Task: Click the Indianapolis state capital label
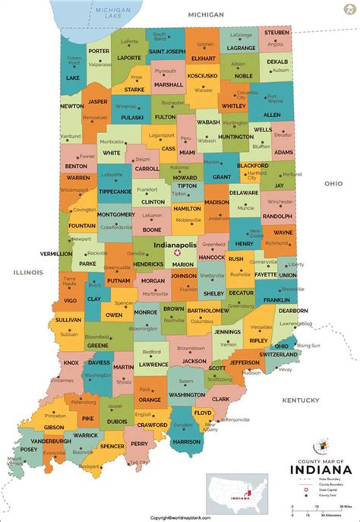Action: pyautogui.click(x=175, y=246)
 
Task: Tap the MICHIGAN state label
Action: pyautogui.click(x=206, y=14)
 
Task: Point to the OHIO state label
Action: pyautogui.click(x=334, y=183)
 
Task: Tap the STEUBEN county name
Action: pyautogui.click(x=276, y=33)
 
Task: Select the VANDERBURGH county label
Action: pyautogui.click(x=51, y=440)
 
